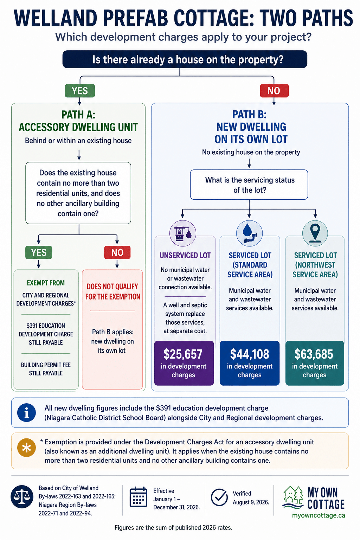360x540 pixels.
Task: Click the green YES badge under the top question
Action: click(x=80, y=91)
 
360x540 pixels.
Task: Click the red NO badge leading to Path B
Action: click(x=274, y=91)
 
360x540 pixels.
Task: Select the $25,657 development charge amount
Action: click(x=183, y=354)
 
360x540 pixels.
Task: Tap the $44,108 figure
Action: click(x=250, y=354)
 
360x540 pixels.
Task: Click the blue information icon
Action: click(x=26, y=413)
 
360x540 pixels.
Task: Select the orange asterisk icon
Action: click(x=26, y=448)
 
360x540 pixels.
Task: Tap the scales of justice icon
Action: click(x=22, y=497)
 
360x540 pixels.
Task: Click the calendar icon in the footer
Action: click(x=139, y=497)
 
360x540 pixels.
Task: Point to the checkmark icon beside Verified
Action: click(x=219, y=497)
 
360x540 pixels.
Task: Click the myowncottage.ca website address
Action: click(x=319, y=515)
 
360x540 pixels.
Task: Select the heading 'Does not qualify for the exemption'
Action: click(x=112, y=292)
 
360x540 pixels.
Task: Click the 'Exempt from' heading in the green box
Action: click(x=46, y=283)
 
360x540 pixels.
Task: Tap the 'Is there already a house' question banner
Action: click(x=185, y=59)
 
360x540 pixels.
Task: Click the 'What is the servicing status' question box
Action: click(x=249, y=185)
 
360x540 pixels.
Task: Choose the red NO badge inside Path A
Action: click(x=117, y=252)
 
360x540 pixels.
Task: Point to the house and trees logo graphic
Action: click(x=293, y=497)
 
